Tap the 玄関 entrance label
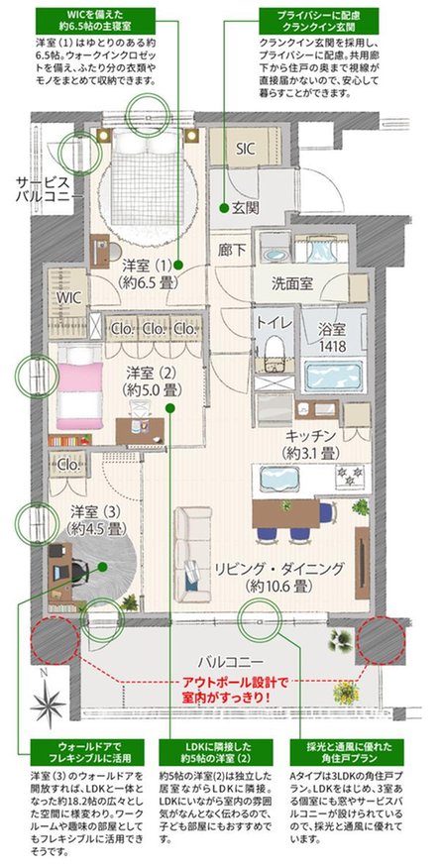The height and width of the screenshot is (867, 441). point(246,208)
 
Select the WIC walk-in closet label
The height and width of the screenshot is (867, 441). point(69,296)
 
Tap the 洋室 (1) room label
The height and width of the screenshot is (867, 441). point(149,273)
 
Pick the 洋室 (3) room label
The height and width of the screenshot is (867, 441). point(97,519)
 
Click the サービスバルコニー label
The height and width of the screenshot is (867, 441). point(42,191)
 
